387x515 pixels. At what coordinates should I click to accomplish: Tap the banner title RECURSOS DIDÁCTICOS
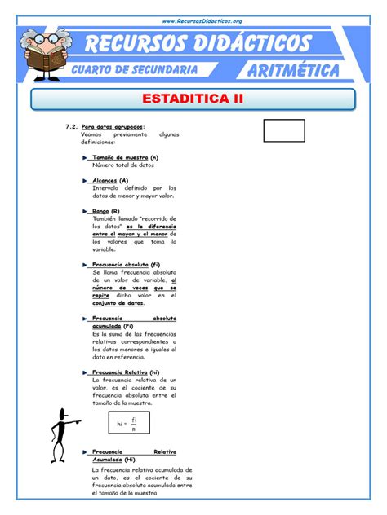199,43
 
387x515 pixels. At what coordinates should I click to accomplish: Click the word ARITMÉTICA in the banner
288,71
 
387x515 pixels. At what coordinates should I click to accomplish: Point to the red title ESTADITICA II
193,99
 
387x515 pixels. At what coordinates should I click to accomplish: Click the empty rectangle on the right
284,130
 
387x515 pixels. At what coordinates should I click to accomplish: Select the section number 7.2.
70,127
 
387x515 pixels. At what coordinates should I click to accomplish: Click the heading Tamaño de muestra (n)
125,156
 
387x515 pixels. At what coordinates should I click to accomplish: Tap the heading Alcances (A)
110,180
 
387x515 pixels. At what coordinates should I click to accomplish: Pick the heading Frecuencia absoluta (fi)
126,264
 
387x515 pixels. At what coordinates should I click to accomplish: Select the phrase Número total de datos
122,164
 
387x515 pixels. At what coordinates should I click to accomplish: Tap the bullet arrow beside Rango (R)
86,210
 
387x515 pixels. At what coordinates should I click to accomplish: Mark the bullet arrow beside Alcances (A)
86,180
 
